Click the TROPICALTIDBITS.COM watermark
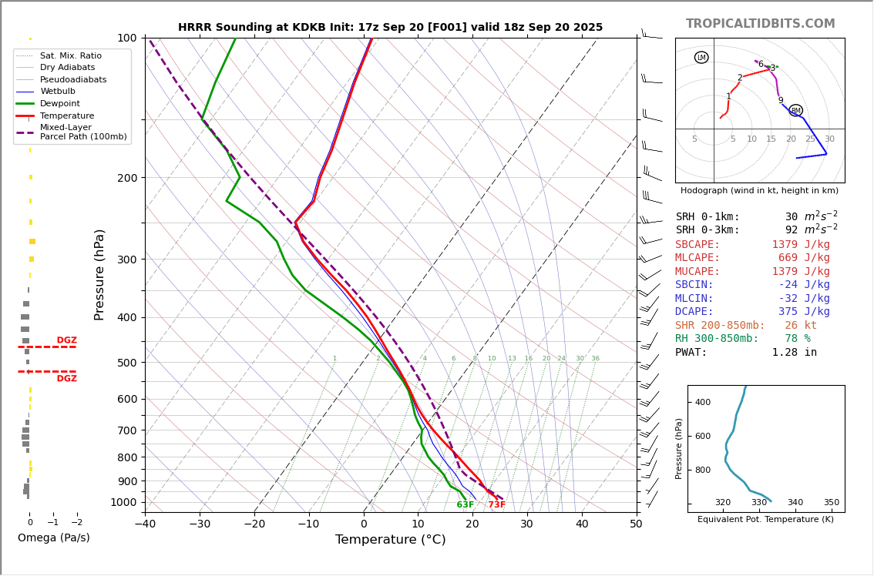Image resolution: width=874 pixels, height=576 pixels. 760,24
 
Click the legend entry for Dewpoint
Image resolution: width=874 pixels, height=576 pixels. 59,103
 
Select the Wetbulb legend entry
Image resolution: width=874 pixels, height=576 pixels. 58,91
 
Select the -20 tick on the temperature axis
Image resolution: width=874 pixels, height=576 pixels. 254,525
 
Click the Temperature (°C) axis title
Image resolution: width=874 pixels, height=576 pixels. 390,540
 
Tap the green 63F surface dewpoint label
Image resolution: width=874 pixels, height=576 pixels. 466,505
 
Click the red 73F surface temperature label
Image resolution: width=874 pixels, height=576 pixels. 497,505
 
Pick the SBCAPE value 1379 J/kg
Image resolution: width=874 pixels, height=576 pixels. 801,244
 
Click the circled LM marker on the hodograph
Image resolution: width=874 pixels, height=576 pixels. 701,58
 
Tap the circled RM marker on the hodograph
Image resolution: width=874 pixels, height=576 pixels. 795,110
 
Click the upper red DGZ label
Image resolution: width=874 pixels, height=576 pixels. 66,340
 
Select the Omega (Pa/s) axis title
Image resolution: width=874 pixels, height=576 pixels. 54,537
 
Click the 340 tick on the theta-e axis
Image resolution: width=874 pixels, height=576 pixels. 795,503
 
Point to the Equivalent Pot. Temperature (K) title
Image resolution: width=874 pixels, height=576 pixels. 765,520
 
